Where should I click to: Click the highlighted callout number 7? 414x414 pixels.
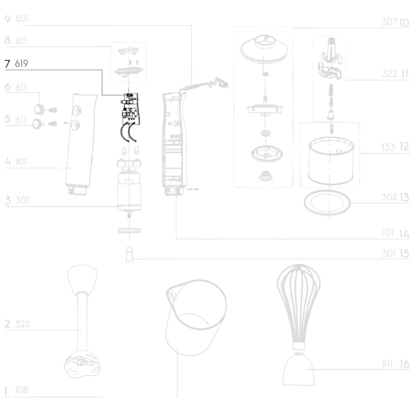[7, 64]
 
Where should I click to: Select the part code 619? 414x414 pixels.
[22, 63]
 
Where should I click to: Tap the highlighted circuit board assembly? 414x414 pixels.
[129, 117]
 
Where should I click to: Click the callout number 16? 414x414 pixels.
[404, 364]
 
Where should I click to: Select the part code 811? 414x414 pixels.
[387, 363]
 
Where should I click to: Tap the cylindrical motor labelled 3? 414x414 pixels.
[129, 190]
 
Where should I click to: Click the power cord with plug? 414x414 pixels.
[204, 84]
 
